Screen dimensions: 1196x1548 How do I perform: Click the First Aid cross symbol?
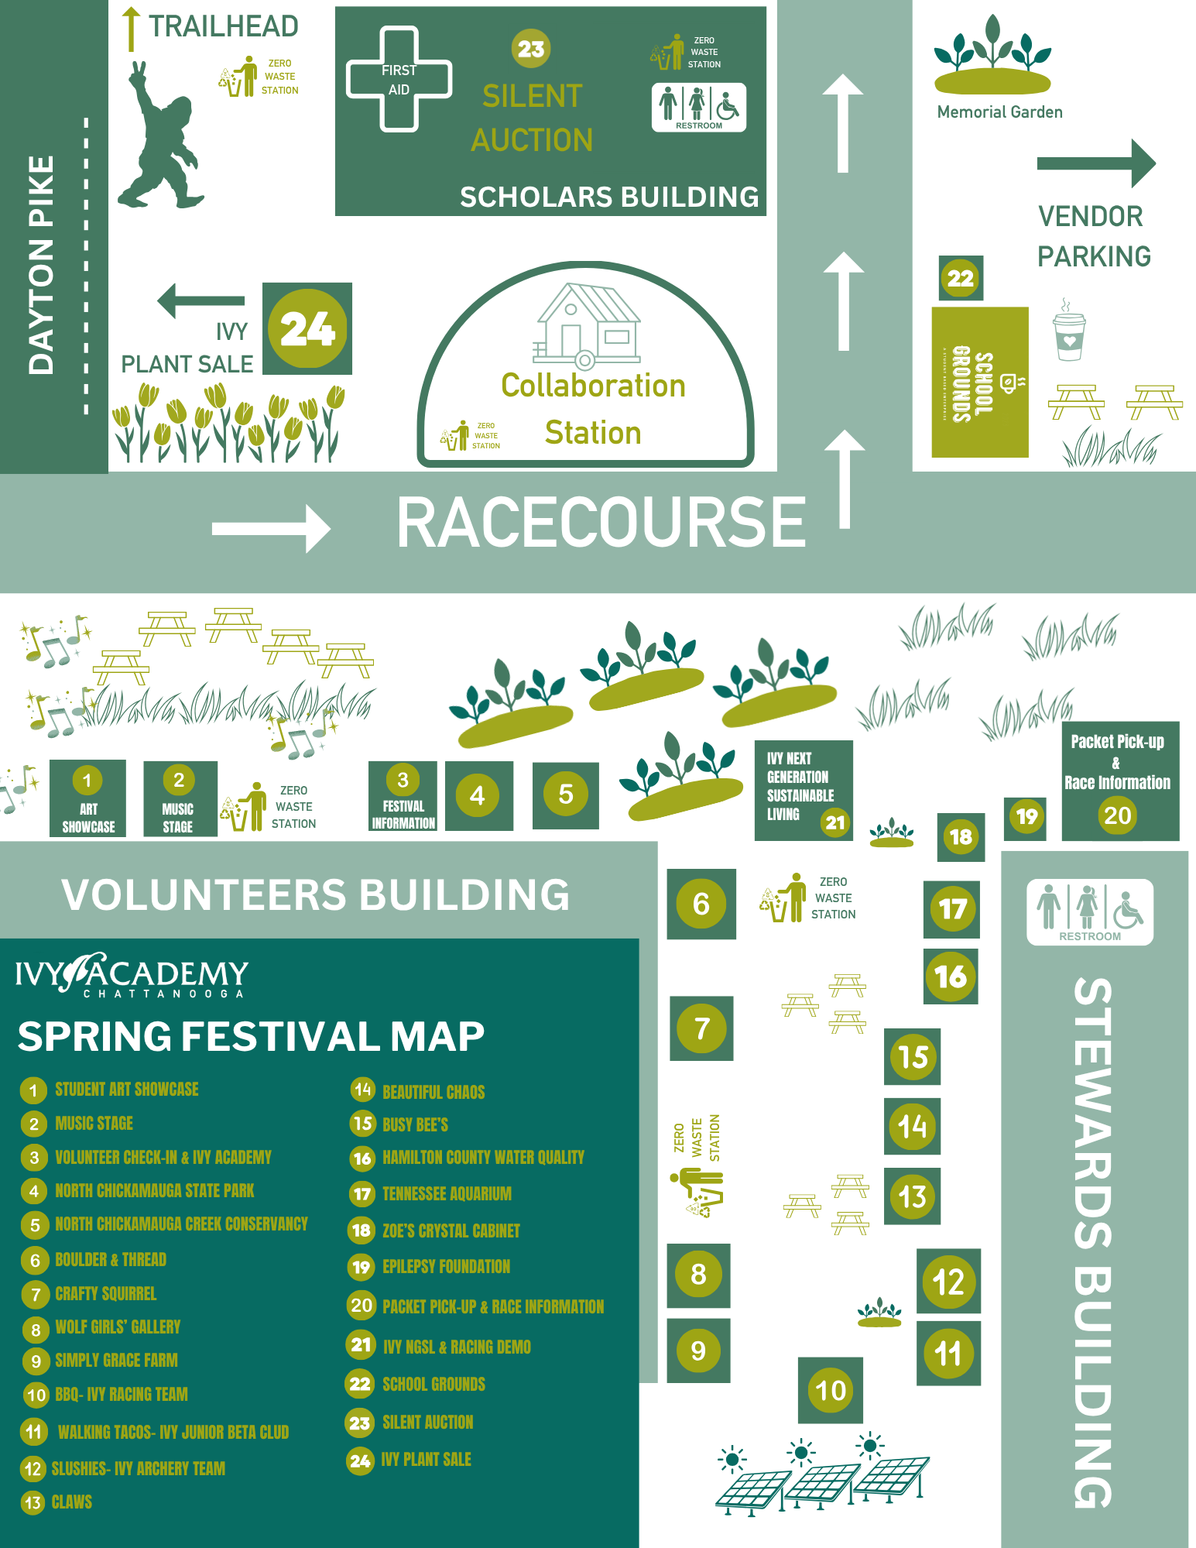[399, 80]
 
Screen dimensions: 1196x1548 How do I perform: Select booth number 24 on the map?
[307, 328]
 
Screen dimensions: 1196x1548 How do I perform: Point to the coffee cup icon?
[1069, 333]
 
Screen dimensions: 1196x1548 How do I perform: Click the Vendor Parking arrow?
[1095, 163]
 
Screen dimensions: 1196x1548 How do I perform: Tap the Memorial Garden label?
[999, 112]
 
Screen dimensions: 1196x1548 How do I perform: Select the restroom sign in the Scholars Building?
[699, 107]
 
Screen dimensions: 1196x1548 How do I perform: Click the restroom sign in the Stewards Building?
[1089, 911]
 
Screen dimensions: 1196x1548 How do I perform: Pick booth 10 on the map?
[831, 1390]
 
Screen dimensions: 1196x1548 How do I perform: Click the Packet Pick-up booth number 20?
[1118, 815]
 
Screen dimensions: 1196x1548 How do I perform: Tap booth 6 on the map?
[701, 904]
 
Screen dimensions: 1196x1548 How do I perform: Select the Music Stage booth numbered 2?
[180, 798]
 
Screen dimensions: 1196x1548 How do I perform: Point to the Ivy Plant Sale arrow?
[200, 300]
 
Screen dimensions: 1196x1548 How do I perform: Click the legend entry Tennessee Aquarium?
[447, 1193]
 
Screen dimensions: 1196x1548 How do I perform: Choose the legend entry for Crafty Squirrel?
[106, 1293]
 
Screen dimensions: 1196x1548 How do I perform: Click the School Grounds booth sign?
[979, 383]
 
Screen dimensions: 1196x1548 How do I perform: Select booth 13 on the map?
[912, 1196]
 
